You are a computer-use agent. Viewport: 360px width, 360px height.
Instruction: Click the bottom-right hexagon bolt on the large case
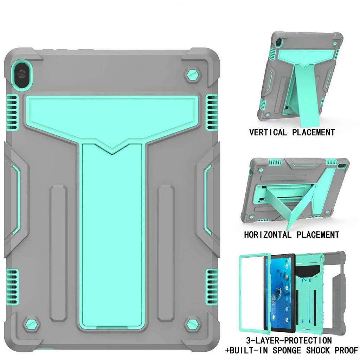pos(192,324)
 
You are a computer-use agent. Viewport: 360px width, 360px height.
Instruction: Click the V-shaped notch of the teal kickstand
pos(112,149)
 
